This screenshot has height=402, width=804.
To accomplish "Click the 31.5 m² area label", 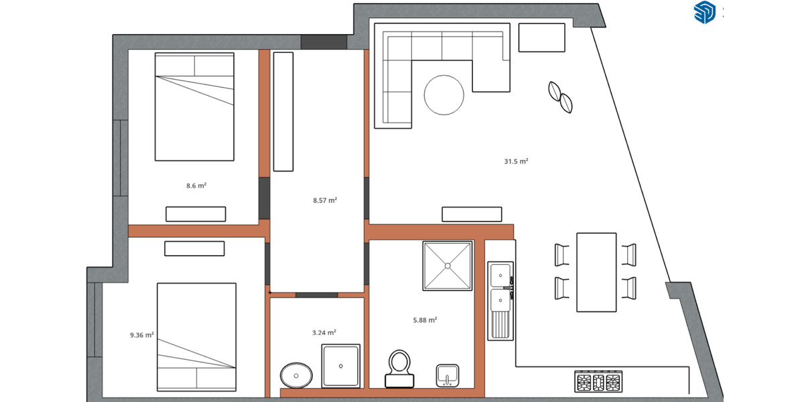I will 516,161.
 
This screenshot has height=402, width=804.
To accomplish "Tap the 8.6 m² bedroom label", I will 196,186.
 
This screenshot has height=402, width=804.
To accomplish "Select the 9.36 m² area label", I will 142,334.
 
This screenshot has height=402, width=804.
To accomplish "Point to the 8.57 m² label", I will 324,200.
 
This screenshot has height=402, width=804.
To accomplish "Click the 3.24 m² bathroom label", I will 324,332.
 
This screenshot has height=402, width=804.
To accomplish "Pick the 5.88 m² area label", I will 425,320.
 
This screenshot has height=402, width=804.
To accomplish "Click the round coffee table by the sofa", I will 444,95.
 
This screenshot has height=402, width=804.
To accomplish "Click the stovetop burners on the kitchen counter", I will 599,382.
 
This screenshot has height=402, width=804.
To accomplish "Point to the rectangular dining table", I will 596,272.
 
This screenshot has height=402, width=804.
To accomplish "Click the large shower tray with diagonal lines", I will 448,265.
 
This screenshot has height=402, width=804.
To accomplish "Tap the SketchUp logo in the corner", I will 705,12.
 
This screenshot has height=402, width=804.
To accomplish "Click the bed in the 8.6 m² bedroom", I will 195,107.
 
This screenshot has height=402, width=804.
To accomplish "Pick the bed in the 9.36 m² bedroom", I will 197,337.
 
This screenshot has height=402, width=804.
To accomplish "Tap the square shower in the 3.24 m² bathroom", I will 341,366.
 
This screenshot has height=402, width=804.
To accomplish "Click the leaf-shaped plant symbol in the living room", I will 561,96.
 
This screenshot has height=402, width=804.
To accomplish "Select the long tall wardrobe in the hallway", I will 283,111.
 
